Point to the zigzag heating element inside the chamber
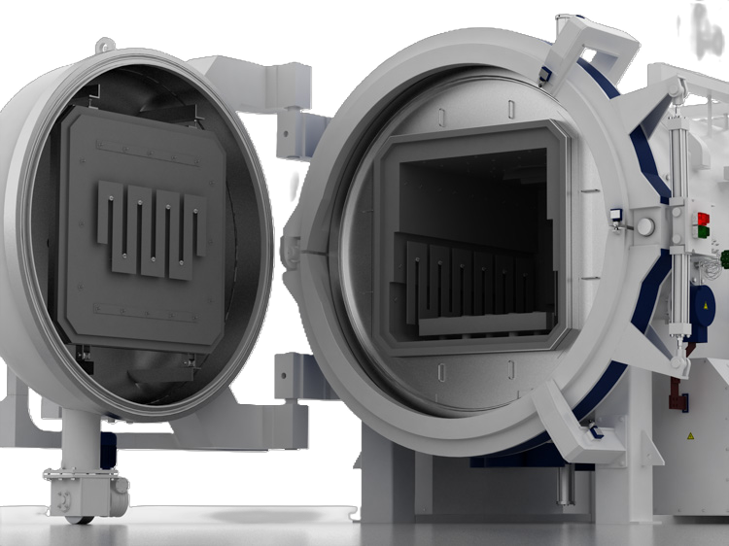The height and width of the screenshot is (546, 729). pos(467,282)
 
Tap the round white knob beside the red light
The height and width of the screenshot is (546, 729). pos(645,226)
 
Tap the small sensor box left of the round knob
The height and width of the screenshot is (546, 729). pos(615,215)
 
